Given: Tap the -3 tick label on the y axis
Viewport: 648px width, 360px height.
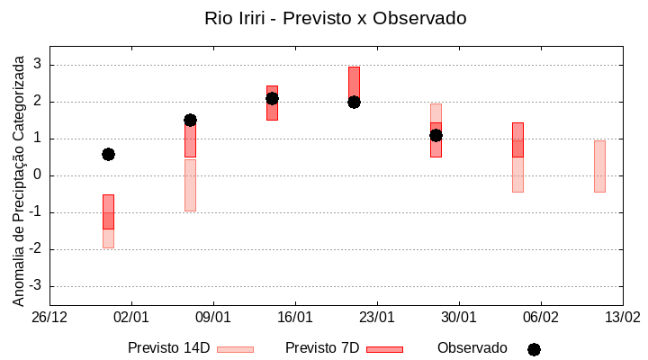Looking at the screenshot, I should point(35,286).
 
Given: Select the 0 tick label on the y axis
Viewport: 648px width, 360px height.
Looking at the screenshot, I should point(38,175).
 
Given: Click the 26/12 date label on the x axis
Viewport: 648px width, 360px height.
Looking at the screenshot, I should point(49,318).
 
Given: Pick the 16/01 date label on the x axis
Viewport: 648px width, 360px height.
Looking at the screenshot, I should point(295,318).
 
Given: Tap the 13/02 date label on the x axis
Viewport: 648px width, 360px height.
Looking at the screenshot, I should point(622,318).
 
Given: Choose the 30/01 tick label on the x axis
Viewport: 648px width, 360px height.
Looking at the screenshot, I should point(459,318).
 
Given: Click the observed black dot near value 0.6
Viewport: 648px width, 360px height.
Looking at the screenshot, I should point(108,154).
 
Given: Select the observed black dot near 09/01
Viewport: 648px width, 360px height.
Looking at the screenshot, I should point(190,120).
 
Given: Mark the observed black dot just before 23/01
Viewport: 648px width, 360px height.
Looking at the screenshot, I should point(354,102).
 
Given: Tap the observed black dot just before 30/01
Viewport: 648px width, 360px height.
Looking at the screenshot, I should point(436,135).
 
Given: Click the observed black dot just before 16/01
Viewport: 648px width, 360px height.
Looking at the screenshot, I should point(272,98).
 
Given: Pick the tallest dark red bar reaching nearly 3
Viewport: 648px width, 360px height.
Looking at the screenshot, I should point(354,85).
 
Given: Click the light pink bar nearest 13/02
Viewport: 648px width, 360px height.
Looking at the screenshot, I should point(599,166).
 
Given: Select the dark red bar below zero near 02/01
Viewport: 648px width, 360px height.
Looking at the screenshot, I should point(108,211).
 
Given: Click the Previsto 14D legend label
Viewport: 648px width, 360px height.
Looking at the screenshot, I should point(168,348).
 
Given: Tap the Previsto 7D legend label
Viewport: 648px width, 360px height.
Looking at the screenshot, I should point(322,348).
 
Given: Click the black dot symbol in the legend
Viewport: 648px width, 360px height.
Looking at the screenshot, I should point(534,349).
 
